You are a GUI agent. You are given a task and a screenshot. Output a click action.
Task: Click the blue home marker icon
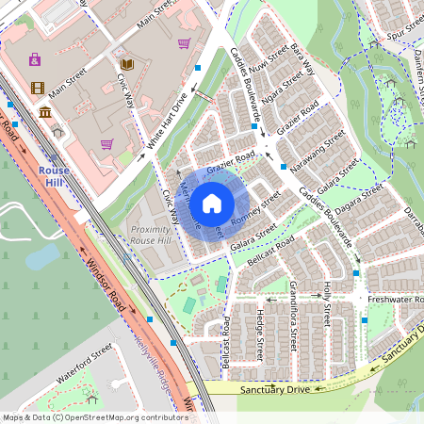point(212,203)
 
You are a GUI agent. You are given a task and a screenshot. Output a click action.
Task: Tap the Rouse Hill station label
point(54,176)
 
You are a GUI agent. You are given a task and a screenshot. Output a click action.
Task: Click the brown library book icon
point(126,64)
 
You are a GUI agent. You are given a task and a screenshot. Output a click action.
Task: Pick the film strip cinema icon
point(37,89)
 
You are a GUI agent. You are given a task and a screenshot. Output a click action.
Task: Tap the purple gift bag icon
point(35,59)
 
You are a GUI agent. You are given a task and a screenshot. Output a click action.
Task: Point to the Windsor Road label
point(106,276)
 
